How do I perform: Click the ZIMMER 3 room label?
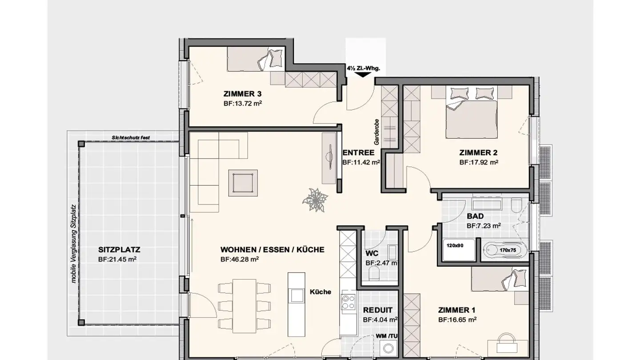(242, 94)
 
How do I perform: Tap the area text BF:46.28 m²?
(240, 259)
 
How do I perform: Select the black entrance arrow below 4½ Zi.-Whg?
(363, 75)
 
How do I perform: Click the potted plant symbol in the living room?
(315, 200)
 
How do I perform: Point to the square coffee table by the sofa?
(243, 183)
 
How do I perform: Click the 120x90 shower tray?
(459, 250)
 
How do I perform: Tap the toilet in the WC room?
(374, 273)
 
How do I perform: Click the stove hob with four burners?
(348, 302)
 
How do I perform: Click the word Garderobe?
(376, 132)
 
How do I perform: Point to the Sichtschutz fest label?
(131, 138)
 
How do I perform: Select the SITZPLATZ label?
(119, 250)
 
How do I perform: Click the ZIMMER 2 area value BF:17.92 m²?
(479, 162)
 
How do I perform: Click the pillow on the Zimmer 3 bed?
(276, 58)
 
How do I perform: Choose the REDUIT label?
(378, 310)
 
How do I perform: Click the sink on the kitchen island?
(296, 295)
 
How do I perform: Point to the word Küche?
(320, 292)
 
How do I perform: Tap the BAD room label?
(476, 216)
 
